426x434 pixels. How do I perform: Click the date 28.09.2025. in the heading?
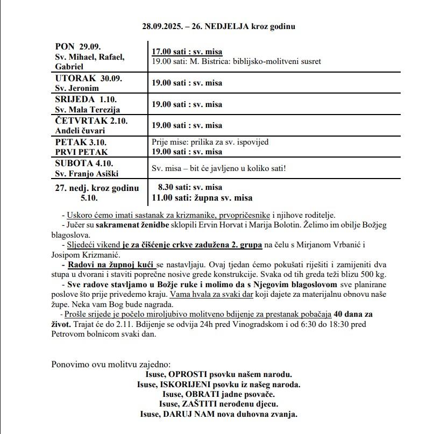(162, 26)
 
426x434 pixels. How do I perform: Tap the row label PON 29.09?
(79, 47)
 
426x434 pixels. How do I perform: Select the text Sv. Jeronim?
(76, 88)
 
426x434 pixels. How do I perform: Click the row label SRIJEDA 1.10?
(86, 99)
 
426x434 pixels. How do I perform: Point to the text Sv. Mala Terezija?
(88, 110)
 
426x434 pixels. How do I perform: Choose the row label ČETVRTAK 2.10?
(91, 120)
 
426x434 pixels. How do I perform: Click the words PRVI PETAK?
(82, 152)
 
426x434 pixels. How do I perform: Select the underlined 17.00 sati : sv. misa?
(187, 52)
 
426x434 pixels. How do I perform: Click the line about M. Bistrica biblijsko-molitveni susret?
(236, 61)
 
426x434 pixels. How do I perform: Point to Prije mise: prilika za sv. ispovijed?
(210, 143)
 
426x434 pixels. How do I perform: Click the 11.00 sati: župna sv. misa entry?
(202, 197)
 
